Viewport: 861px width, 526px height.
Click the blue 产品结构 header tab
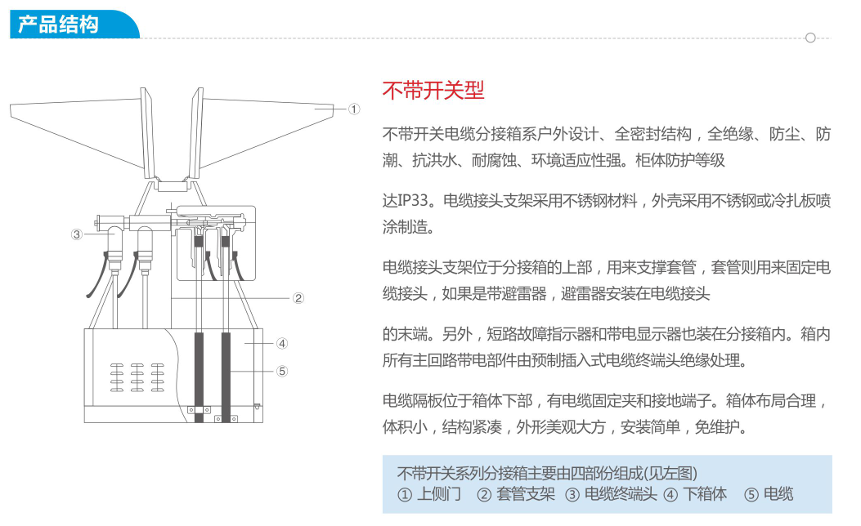tap(74, 25)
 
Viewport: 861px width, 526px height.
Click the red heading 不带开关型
tap(433, 91)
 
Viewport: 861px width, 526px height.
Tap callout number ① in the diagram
tap(354, 109)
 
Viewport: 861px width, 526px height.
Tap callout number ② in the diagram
tap(298, 298)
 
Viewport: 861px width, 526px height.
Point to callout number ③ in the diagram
tap(76, 234)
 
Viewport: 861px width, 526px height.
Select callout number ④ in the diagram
tap(282, 343)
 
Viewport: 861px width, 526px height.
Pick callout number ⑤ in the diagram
tap(282, 372)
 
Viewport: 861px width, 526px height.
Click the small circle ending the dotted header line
tap(810, 38)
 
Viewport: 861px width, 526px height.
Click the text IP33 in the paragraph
tap(412, 201)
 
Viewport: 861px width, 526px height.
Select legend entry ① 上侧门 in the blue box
tap(428, 494)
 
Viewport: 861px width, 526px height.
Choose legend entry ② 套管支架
tap(516, 494)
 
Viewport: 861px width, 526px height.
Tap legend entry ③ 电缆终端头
tap(611, 494)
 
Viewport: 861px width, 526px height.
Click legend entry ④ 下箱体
tap(695, 494)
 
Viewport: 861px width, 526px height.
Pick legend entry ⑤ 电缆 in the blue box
tap(769, 494)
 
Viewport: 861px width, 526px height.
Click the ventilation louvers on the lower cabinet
tap(137, 377)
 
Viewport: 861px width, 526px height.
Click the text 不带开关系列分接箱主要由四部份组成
tap(518, 473)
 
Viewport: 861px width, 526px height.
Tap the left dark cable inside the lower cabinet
tap(199, 377)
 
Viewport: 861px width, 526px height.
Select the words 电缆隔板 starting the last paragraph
tap(412, 401)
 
